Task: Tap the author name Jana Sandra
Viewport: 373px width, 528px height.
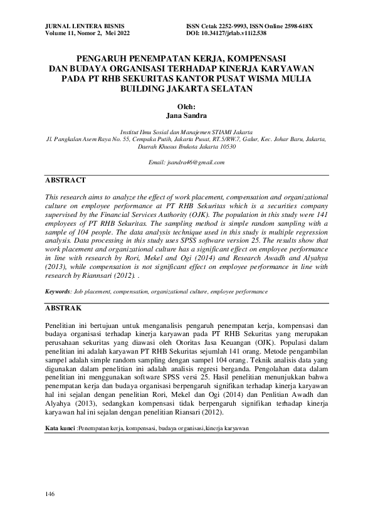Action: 186,115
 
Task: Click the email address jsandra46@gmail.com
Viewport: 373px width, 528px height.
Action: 186,162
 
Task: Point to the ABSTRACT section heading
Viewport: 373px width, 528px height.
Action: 65,180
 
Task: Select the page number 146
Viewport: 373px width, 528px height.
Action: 51,494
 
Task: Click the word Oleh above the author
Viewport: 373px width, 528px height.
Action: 186,107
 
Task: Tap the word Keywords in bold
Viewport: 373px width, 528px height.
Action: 58,292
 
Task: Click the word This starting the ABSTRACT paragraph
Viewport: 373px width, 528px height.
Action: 53,196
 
